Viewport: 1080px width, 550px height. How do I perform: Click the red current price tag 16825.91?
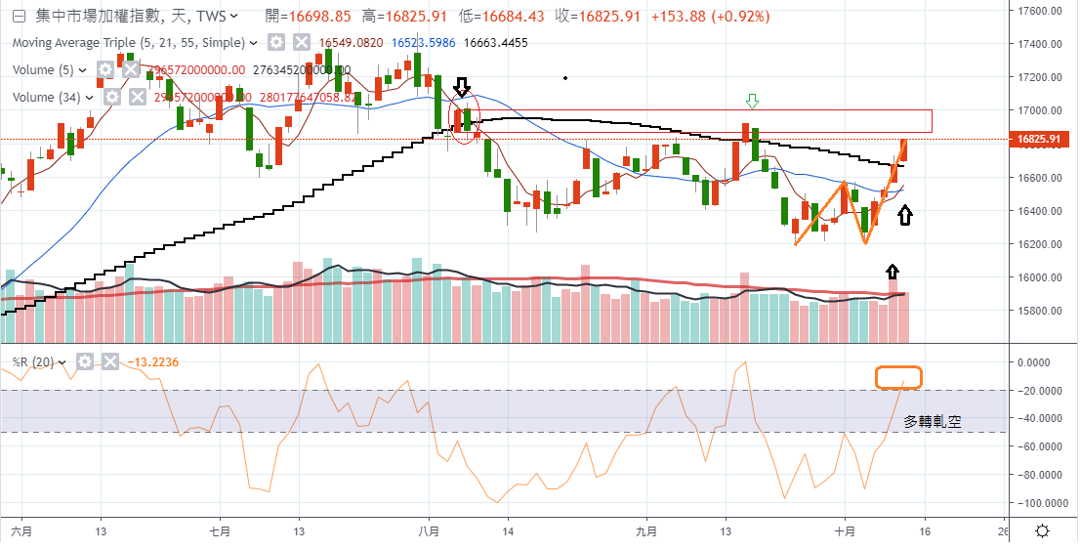pos(1038,140)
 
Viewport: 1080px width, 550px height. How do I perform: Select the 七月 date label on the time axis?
pos(220,531)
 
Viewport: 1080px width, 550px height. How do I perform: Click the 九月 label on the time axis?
pos(646,531)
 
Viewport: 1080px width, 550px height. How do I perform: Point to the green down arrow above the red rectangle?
pos(752,101)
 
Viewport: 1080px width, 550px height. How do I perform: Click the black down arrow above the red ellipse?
pos(463,88)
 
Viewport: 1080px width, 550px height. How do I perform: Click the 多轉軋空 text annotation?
pos(932,422)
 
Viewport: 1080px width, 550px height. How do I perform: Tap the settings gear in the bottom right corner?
pos(1043,531)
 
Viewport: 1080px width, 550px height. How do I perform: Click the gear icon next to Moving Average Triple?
pos(276,43)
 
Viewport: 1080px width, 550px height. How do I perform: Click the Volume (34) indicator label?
pos(47,97)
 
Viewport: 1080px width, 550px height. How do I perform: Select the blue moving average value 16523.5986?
pos(423,43)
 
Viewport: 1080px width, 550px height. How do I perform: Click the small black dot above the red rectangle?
pos(565,77)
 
